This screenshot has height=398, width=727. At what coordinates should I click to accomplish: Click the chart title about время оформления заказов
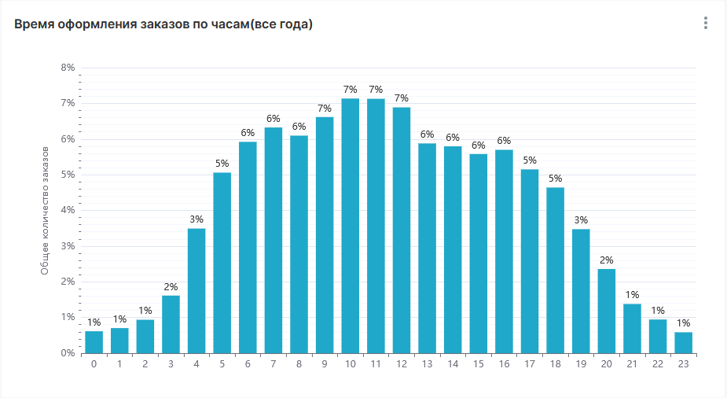(163, 24)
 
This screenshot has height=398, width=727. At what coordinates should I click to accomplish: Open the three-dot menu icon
(706, 24)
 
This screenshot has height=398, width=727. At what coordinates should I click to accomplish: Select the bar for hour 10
(351, 226)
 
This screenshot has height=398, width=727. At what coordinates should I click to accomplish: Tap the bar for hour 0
(94, 342)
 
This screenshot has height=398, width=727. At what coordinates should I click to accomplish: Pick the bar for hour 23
(684, 343)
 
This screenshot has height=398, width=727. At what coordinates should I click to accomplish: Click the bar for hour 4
(196, 291)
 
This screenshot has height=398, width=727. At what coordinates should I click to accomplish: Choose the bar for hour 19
(581, 291)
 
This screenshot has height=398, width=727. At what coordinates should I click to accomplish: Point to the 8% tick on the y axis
(68, 68)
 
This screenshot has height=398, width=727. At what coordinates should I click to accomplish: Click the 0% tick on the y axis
(68, 353)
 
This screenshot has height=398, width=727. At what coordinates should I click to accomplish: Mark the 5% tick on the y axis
(68, 175)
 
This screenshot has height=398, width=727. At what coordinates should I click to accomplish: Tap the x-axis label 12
(402, 363)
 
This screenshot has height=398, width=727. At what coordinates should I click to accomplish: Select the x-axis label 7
(274, 363)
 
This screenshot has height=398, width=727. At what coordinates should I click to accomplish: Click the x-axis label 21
(632, 363)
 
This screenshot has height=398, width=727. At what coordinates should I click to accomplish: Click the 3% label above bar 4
(196, 219)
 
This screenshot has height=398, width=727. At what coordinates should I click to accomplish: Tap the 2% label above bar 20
(607, 260)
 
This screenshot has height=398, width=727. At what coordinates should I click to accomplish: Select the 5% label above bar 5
(222, 163)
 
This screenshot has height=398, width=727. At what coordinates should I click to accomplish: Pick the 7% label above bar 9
(325, 108)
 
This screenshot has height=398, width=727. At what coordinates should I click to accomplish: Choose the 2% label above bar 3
(171, 286)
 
